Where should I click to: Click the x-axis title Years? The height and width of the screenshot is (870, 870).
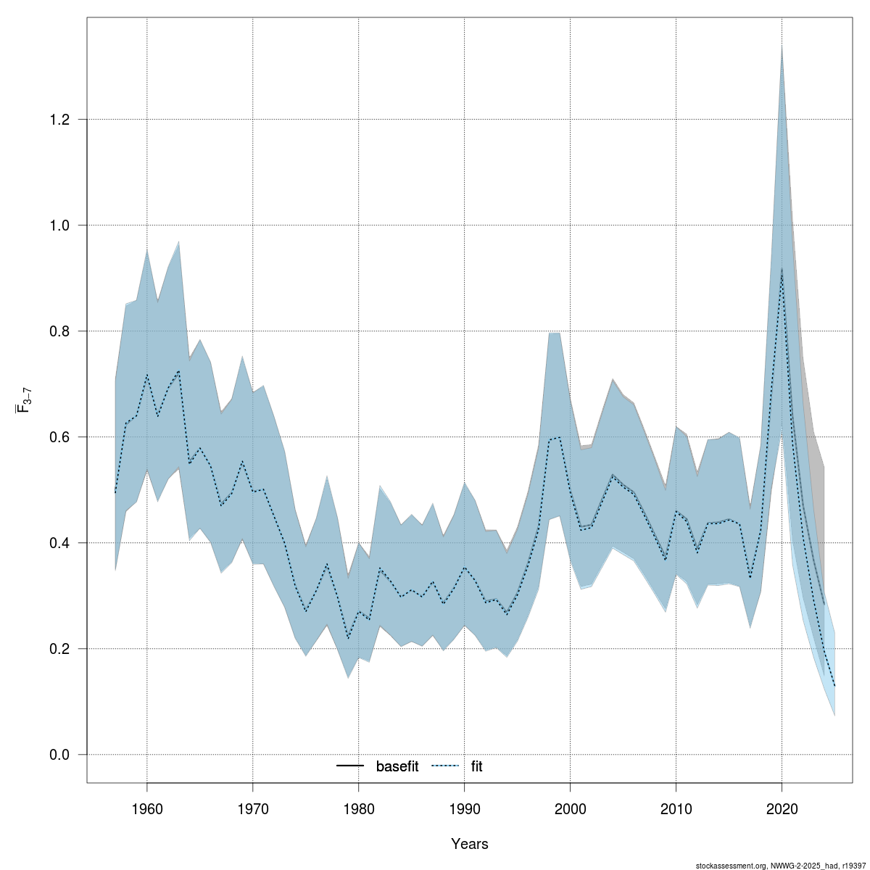pyautogui.click(x=470, y=844)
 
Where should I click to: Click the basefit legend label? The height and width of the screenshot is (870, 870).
pyautogui.click(x=397, y=766)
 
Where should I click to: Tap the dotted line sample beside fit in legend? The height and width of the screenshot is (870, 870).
pyautogui.click(x=447, y=766)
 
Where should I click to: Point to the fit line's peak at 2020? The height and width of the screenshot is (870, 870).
pyautogui.click(x=782, y=269)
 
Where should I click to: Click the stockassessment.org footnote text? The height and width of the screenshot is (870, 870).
pyautogui.click(x=780, y=866)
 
